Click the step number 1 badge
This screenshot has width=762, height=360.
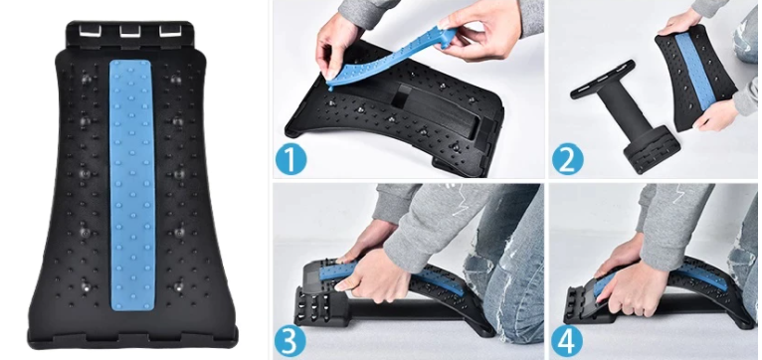click(x=290, y=159)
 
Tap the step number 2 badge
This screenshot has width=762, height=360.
click(x=568, y=159)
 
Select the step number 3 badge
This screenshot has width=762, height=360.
click(x=290, y=341)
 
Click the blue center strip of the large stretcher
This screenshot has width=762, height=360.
click(x=131, y=185)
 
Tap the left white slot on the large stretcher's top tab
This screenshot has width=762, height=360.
click(x=90, y=31)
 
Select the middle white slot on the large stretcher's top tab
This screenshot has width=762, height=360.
click(x=129, y=31)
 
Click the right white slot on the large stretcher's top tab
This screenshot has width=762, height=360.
click(x=170, y=31)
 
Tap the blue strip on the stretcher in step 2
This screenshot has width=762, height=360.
click(x=695, y=72)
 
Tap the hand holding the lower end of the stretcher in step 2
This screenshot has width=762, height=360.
click(x=714, y=115)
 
